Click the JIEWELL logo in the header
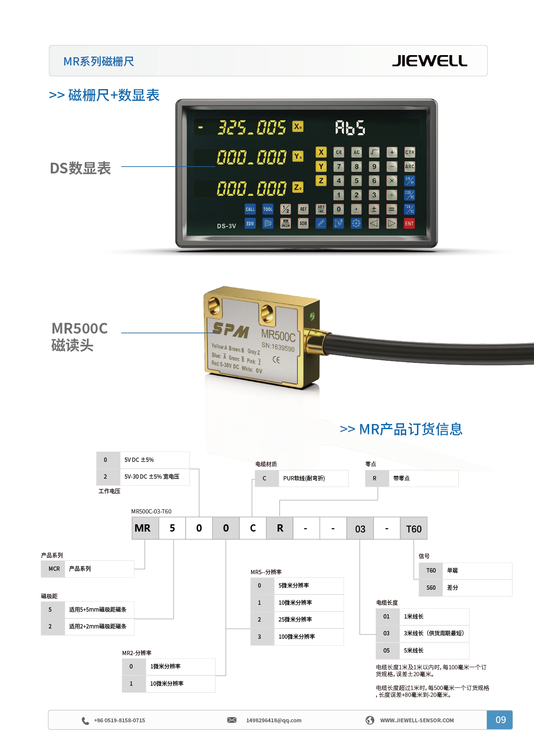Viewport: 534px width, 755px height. point(429,61)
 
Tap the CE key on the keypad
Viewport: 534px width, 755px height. point(339,152)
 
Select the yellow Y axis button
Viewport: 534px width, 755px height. point(321,167)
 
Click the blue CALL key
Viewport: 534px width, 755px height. point(250,209)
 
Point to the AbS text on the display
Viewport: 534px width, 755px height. point(350,128)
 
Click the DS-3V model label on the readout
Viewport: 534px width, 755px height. point(226,226)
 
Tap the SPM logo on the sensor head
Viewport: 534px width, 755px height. point(231,330)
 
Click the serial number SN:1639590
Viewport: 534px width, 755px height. point(278,347)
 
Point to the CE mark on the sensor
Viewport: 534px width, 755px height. point(276,359)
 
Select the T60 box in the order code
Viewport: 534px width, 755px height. point(414,529)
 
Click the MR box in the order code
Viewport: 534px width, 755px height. point(142,528)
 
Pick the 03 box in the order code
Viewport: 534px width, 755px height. point(360,529)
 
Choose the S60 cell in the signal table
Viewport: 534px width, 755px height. point(431,588)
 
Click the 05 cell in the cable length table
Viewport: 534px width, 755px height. point(386,650)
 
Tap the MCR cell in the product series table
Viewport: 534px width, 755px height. point(54,569)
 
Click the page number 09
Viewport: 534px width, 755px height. point(500,720)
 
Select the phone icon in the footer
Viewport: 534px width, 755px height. point(85,721)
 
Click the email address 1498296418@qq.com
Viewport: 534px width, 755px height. point(274,720)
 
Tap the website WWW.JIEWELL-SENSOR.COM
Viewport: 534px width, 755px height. point(417,720)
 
